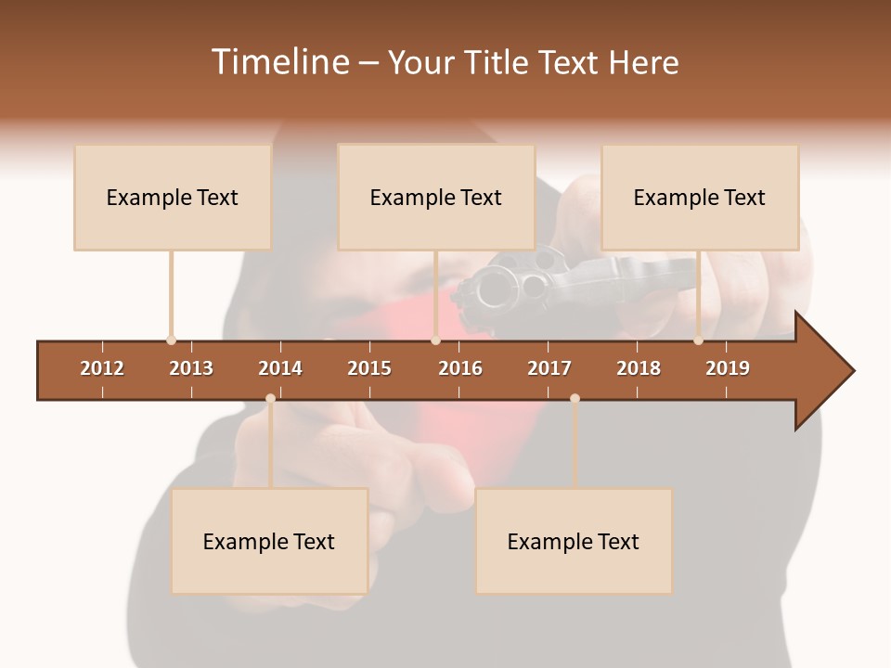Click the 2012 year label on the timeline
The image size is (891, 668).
[102, 368]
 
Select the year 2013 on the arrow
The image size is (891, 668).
[191, 368]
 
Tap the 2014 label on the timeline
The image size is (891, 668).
[280, 368]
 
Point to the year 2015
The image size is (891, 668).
[369, 368]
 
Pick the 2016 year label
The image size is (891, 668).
[460, 368]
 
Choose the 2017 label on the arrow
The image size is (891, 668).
[549, 368]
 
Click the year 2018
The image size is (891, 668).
[639, 368]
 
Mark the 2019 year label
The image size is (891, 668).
[728, 368]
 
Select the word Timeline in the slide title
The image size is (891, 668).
[279, 62]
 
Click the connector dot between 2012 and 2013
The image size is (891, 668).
[171, 340]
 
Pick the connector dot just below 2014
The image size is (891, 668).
[270, 398]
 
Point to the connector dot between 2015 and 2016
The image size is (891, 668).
[435, 340]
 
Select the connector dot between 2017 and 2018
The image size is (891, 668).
[575, 398]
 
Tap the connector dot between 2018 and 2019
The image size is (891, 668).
[698, 340]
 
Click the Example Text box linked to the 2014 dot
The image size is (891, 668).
[269, 541]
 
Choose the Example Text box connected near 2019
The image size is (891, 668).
[700, 197]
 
